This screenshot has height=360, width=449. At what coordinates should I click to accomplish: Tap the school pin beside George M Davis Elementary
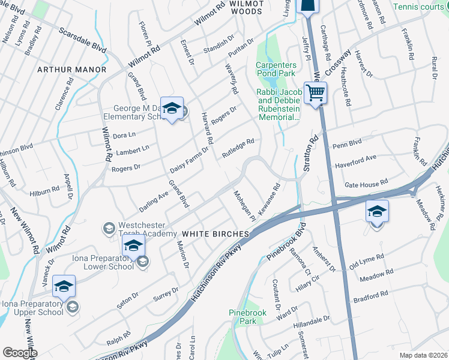click(172, 109)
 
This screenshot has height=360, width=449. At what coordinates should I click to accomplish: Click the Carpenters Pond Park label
click(276, 68)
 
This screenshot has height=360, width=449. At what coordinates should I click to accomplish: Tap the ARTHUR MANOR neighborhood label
click(71, 70)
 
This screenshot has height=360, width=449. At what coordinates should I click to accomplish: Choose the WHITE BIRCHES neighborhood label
click(215, 233)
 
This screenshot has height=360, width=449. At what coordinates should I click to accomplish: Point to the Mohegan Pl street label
click(244, 206)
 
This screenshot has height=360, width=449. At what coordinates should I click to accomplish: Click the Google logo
click(20, 353)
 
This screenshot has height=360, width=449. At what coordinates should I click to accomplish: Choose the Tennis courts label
click(420, 7)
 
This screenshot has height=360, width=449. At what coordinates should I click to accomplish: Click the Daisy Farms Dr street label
click(189, 158)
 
